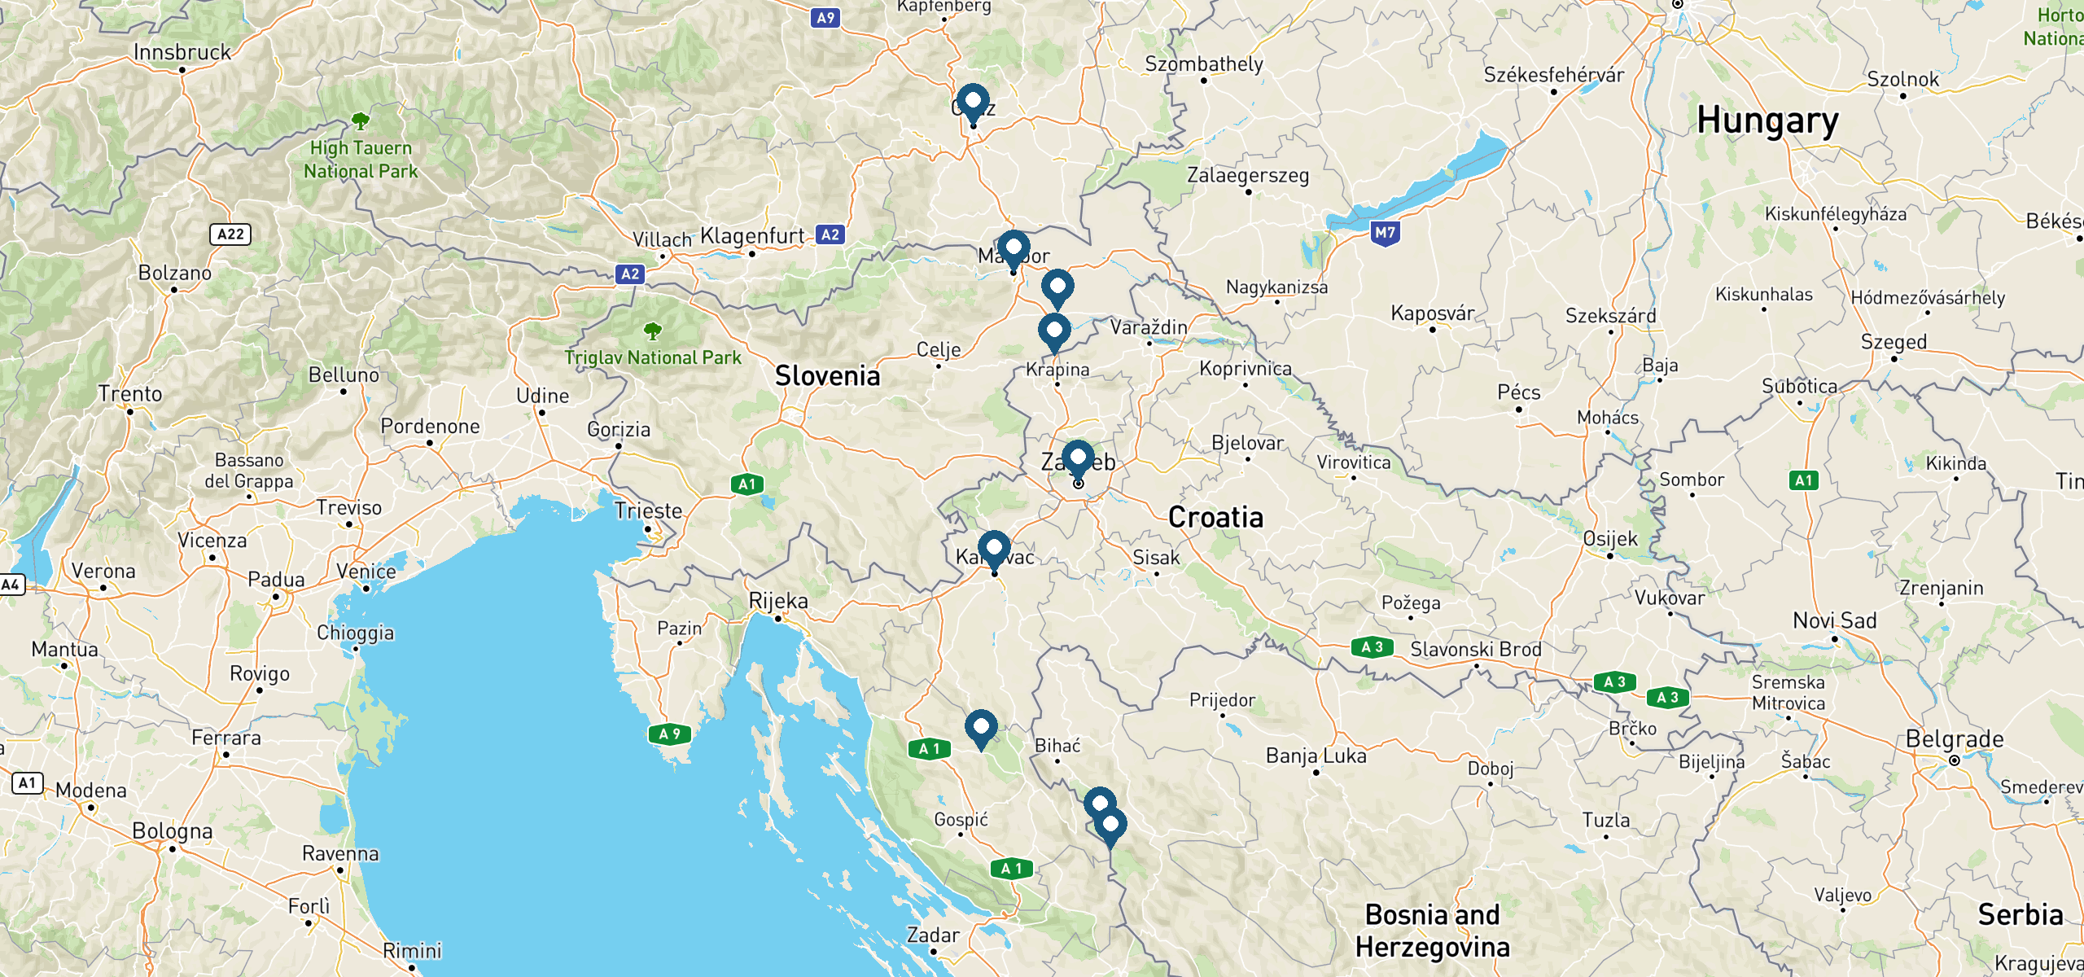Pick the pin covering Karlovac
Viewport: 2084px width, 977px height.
994,549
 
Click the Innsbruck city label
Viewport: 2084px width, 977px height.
182,53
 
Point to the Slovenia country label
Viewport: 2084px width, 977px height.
827,376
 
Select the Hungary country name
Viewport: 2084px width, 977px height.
1767,121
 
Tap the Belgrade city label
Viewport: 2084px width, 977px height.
1955,739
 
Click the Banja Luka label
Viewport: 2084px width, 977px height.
1316,756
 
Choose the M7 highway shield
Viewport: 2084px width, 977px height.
1385,233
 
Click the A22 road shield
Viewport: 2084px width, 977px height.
230,234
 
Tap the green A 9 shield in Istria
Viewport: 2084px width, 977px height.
669,734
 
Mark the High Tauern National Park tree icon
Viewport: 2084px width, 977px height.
361,122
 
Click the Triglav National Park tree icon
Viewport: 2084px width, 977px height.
652,331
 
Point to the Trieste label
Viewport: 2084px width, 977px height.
648,511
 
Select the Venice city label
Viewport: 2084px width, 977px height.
366,572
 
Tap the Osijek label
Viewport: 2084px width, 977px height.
1609,539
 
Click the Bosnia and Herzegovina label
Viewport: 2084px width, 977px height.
1432,931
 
